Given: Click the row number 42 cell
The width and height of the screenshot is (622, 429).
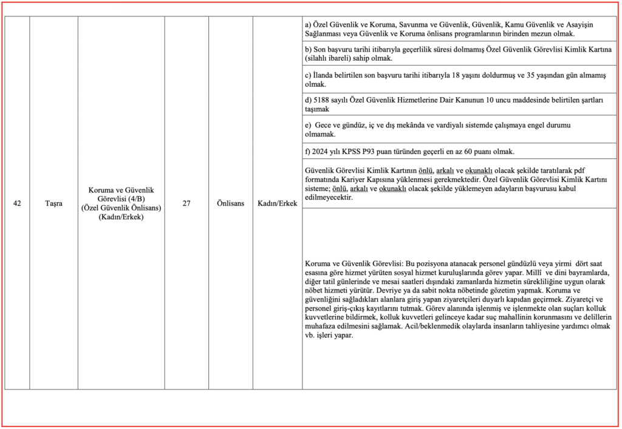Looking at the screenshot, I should (17, 203).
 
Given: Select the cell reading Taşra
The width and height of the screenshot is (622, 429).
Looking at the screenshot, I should (53, 203).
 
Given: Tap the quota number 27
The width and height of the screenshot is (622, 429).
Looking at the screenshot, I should (186, 203).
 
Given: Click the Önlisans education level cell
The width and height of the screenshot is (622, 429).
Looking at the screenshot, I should (231, 203).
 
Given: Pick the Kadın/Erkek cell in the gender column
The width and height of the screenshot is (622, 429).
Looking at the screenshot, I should (278, 203).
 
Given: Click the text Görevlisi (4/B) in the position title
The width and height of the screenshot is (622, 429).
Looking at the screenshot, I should (121, 198).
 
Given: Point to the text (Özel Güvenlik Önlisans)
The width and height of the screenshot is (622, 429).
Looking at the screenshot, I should (121, 208).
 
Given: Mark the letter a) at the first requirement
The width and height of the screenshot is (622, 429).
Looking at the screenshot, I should (308, 24).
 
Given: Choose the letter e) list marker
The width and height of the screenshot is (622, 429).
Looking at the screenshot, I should (309, 124).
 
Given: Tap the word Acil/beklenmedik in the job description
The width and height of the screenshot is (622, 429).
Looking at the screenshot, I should (426, 326).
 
